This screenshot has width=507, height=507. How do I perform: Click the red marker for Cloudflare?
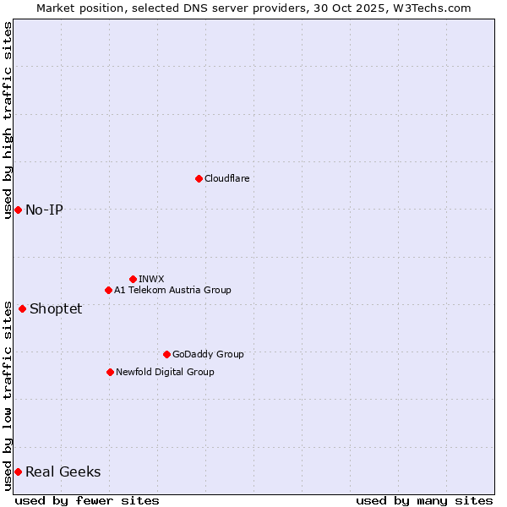(199, 178)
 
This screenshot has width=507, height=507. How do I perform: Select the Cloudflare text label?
(226, 178)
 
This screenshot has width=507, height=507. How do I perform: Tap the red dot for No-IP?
(18, 210)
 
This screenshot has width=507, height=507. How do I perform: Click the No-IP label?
(44, 210)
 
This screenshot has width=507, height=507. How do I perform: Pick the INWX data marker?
(133, 279)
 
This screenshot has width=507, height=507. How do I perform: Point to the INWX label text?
(151, 279)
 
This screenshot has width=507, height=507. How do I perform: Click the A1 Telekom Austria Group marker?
(108, 290)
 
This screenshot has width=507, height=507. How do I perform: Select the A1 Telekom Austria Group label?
(172, 290)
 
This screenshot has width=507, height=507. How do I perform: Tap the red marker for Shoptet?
(22, 308)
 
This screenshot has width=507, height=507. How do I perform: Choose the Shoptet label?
(56, 308)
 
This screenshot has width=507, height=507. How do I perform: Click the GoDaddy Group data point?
(166, 354)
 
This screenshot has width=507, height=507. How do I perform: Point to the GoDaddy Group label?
(208, 354)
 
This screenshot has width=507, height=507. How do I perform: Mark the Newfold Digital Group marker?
(110, 372)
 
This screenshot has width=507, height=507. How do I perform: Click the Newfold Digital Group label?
(165, 372)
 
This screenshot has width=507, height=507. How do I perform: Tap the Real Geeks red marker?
(18, 472)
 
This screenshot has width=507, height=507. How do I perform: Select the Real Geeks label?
(63, 472)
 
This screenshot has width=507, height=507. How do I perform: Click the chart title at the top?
(253, 8)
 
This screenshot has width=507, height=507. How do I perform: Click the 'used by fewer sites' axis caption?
(87, 500)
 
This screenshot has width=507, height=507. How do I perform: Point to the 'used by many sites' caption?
(424, 500)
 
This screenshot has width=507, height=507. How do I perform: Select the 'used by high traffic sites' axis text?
(8, 120)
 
